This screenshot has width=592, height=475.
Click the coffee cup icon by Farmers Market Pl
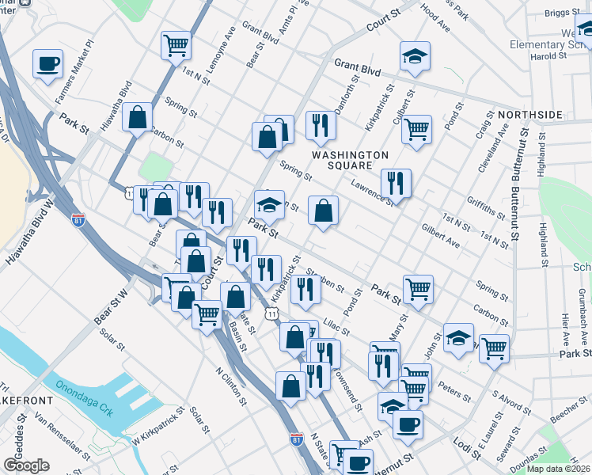(x=47, y=63)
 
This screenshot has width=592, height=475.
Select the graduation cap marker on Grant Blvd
(x=415, y=56)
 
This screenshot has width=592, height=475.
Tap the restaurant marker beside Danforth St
(x=321, y=124)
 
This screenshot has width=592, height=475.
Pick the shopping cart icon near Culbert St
(x=416, y=128)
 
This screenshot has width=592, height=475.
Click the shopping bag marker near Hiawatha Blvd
(x=138, y=118)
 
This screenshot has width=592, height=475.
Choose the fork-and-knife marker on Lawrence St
(x=396, y=183)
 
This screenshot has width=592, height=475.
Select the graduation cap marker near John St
(x=458, y=337)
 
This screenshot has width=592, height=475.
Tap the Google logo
(x=26, y=465)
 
